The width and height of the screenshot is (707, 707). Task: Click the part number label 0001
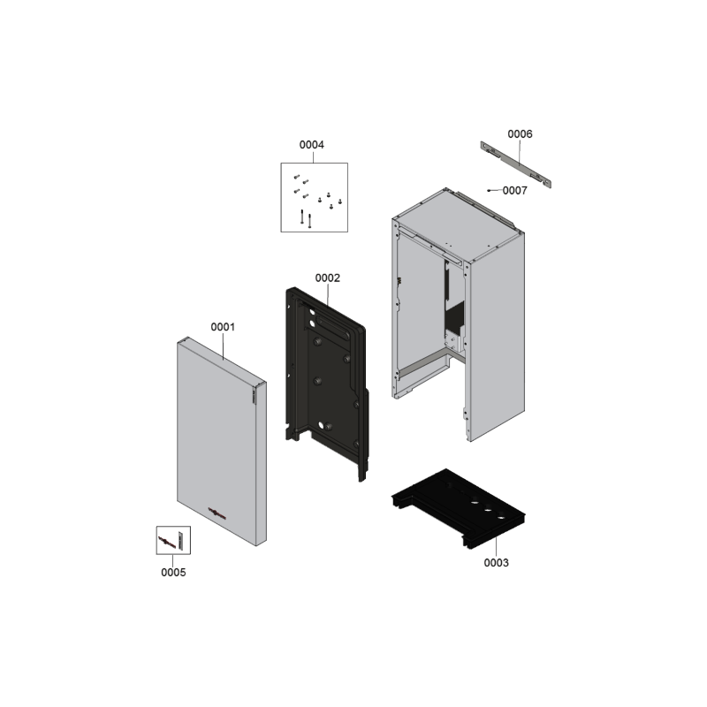[x=223, y=327]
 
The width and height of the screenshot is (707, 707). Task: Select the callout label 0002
[x=327, y=278]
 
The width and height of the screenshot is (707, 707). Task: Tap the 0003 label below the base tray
[x=496, y=563]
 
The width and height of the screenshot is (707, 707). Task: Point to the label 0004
[x=312, y=145]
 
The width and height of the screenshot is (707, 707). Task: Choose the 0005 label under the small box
[x=173, y=572]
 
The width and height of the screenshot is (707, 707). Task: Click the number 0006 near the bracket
[x=520, y=134]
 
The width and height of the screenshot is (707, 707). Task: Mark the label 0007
[x=515, y=191]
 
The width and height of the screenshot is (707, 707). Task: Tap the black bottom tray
[x=458, y=507]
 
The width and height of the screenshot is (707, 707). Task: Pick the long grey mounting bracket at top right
[x=516, y=164]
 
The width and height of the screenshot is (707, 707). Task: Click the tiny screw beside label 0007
[x=489, y=191]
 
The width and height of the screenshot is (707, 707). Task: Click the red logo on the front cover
[x=217, y=513]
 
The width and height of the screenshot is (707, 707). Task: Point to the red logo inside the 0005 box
[x=167, y=541]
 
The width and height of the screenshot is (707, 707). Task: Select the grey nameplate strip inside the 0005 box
[x=181, y=540]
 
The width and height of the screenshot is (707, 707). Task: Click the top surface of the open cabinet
[x=458, y=224]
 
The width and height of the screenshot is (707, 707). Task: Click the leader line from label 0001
[x=224, y=346]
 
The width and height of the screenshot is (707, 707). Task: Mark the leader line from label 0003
[x=496, y=547]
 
